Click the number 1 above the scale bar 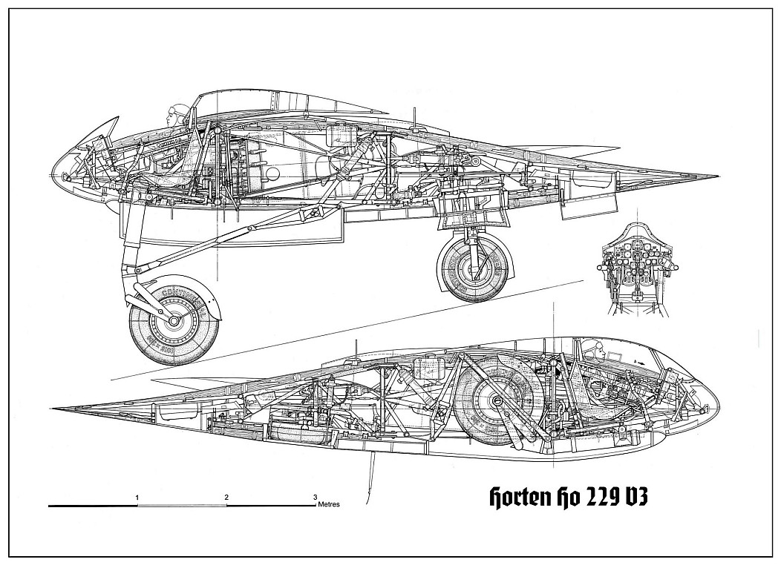click(x=138, y=496)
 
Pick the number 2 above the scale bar click(x=226, y=496)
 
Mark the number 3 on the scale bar click(x=315, y=496)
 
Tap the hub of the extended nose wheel click(x=174, y=322)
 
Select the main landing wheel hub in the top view click(x=475, y=265)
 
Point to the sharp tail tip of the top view click(x=717, y=176)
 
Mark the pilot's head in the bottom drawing click(x=592, y=345)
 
